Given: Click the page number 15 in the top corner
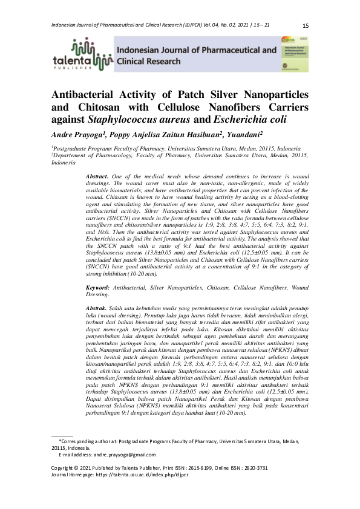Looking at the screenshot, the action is point(305,25).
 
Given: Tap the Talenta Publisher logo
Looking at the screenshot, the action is point(82,54).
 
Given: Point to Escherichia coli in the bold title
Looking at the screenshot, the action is point(243,119).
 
